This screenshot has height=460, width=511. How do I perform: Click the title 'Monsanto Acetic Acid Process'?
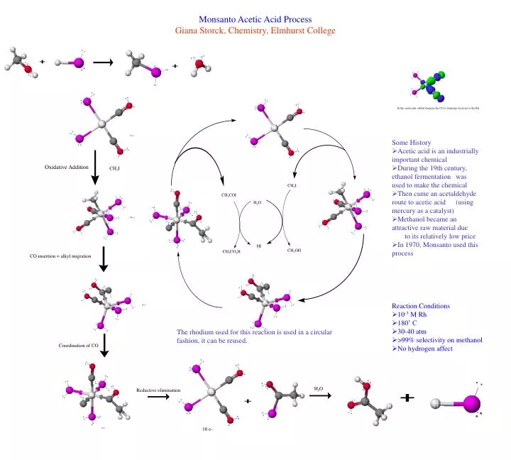[255, 19]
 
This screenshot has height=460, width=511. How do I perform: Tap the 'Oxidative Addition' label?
[67, 167]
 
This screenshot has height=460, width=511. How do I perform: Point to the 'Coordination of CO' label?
[78, 345]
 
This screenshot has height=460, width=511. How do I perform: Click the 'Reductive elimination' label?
[158, 390]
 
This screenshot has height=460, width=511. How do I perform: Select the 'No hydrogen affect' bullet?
[424, 349]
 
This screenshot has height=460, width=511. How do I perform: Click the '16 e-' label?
[207, 430]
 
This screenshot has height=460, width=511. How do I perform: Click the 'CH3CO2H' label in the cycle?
[231, 251]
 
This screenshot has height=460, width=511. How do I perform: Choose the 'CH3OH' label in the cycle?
[294, 251]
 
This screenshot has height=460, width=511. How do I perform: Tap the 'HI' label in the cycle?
[259, 246]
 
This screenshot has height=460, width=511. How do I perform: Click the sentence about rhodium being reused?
[253, 336]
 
